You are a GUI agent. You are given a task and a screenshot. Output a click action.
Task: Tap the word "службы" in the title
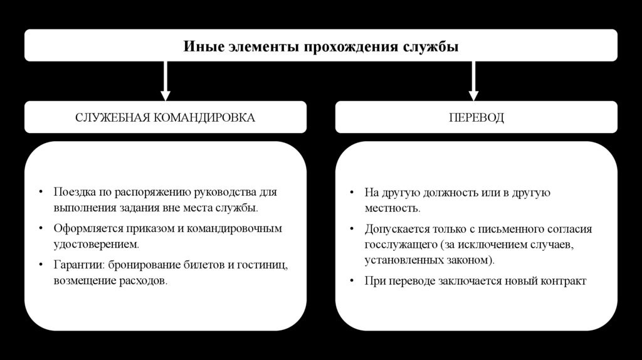pos(436,46)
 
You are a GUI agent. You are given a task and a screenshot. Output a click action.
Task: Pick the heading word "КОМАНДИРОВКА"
pos(209,118)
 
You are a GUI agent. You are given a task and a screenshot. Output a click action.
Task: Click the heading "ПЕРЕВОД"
pos(476,118)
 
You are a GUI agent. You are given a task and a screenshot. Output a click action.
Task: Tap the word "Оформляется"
pos(85,228)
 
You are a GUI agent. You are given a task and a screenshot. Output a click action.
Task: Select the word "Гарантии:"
pos(78,265)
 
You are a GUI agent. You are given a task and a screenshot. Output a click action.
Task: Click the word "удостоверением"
pos(94,243)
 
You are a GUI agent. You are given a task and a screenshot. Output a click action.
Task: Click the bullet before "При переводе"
pos(354,281)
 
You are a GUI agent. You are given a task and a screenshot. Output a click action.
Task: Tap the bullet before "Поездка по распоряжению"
pos(40,193)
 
